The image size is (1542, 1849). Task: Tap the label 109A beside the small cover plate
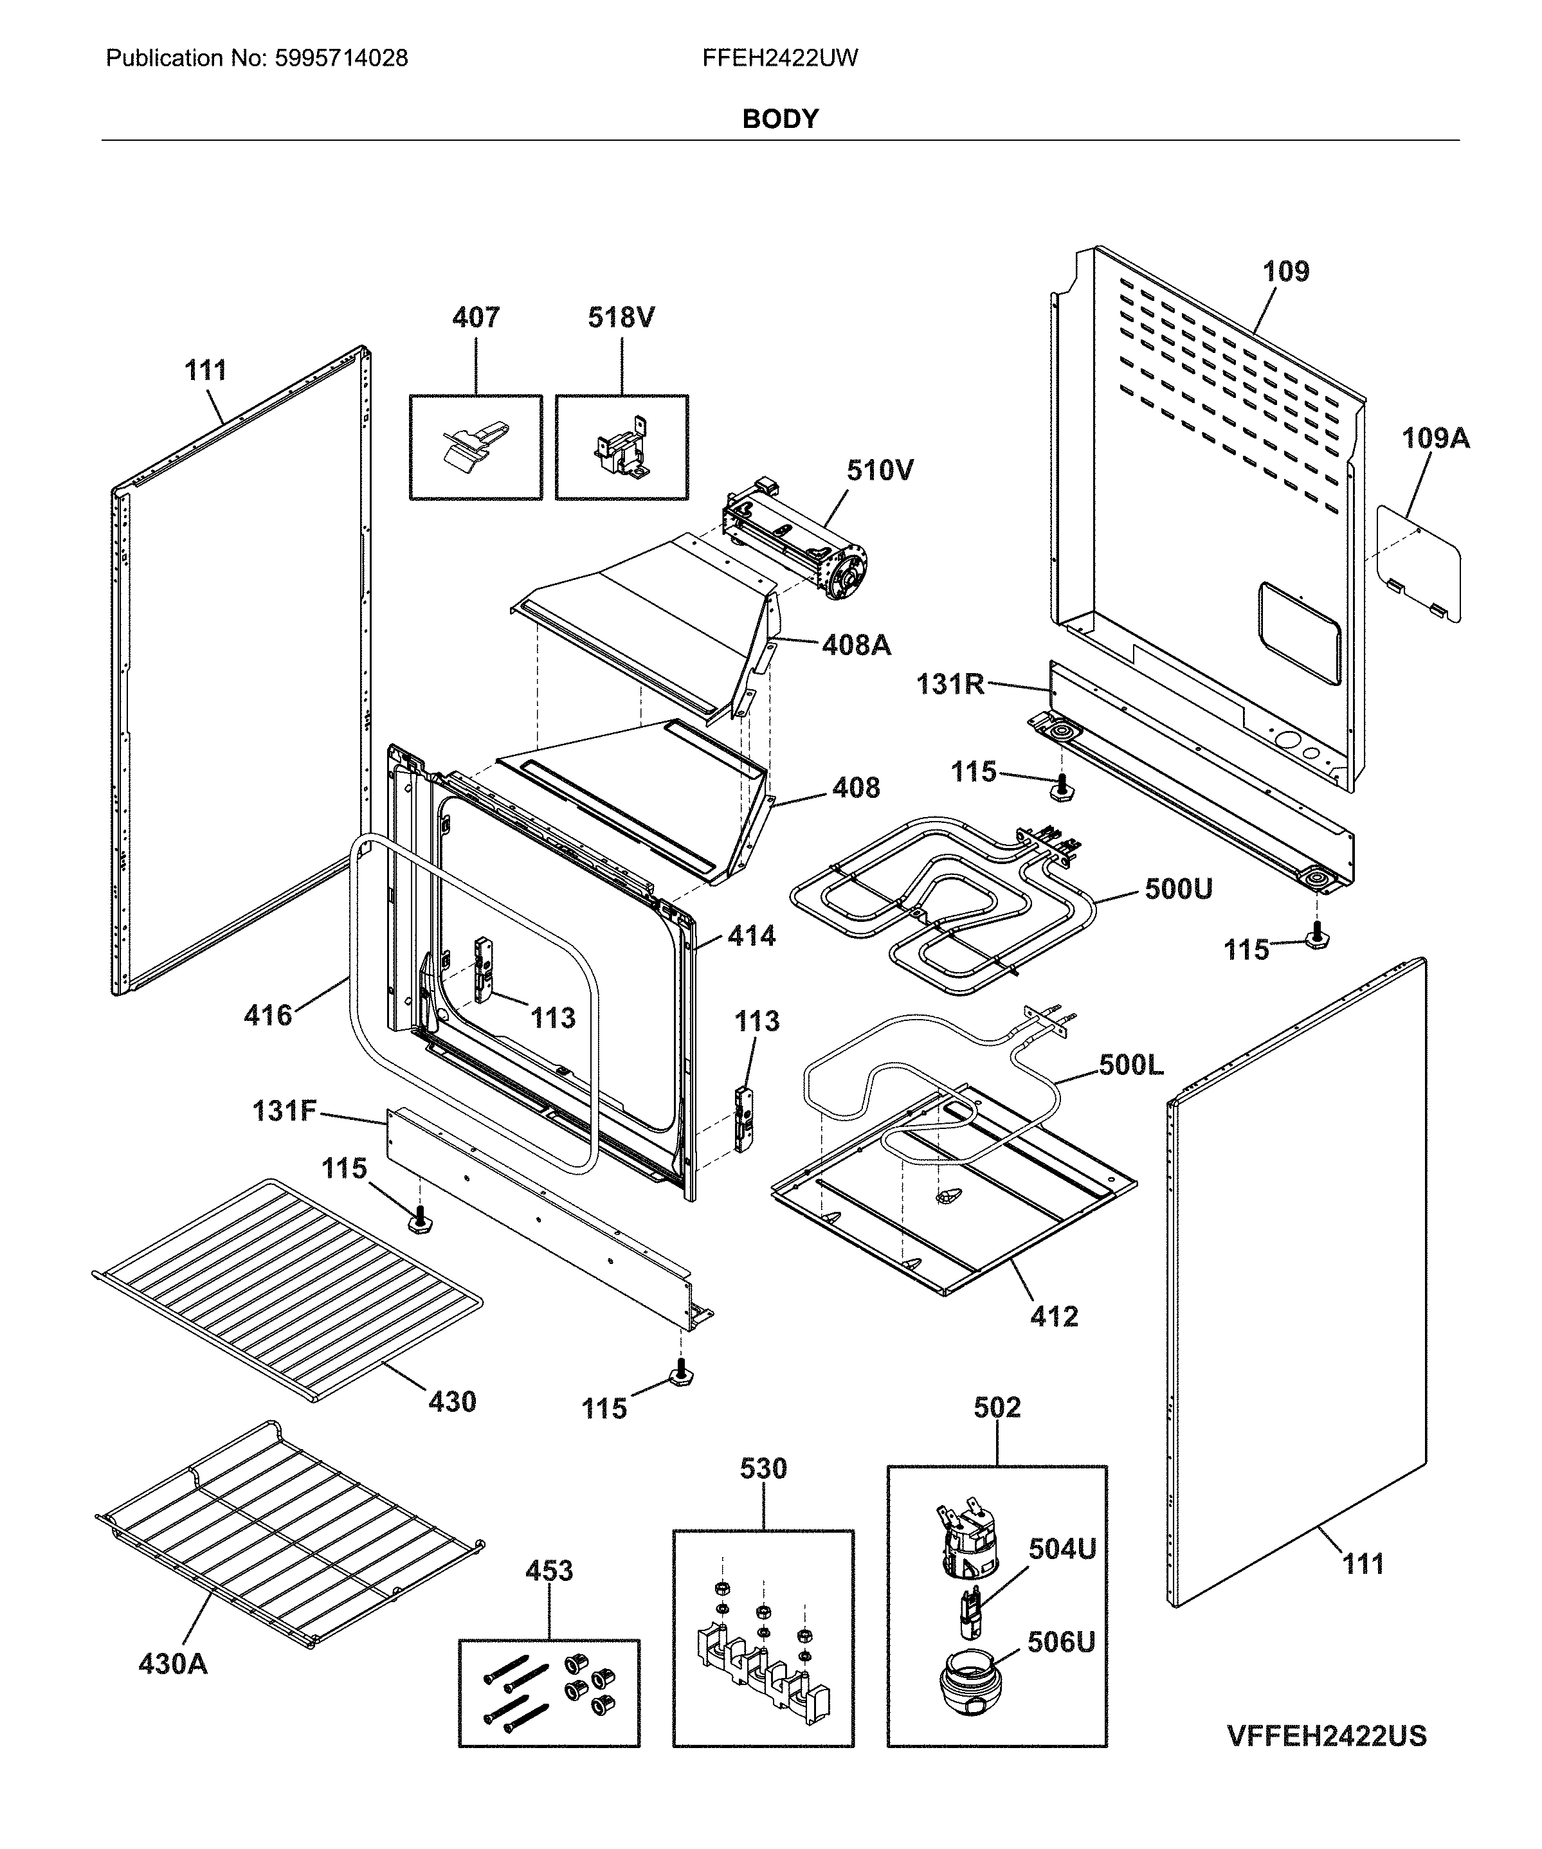pyautogui.click(x=1435, y=438)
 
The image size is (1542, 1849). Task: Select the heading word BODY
pyautogui.click(x=780, y=119)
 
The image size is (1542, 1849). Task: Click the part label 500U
pyautogui.click(x=1177, y=889)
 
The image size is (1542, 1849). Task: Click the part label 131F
pyautogui.click(x=284, y=1111)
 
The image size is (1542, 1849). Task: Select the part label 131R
pyautogui.click(x=949, y=684)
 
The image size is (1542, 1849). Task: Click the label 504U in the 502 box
pyautogui.click(x=1062, y=1549)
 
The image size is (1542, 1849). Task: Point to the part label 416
pyautogui.click(x=268, y=1015)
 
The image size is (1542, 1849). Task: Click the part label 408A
pyautogui.click(x=855, y=645)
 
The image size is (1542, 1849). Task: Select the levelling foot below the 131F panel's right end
pyautogui.click(x=681, y=1373)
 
